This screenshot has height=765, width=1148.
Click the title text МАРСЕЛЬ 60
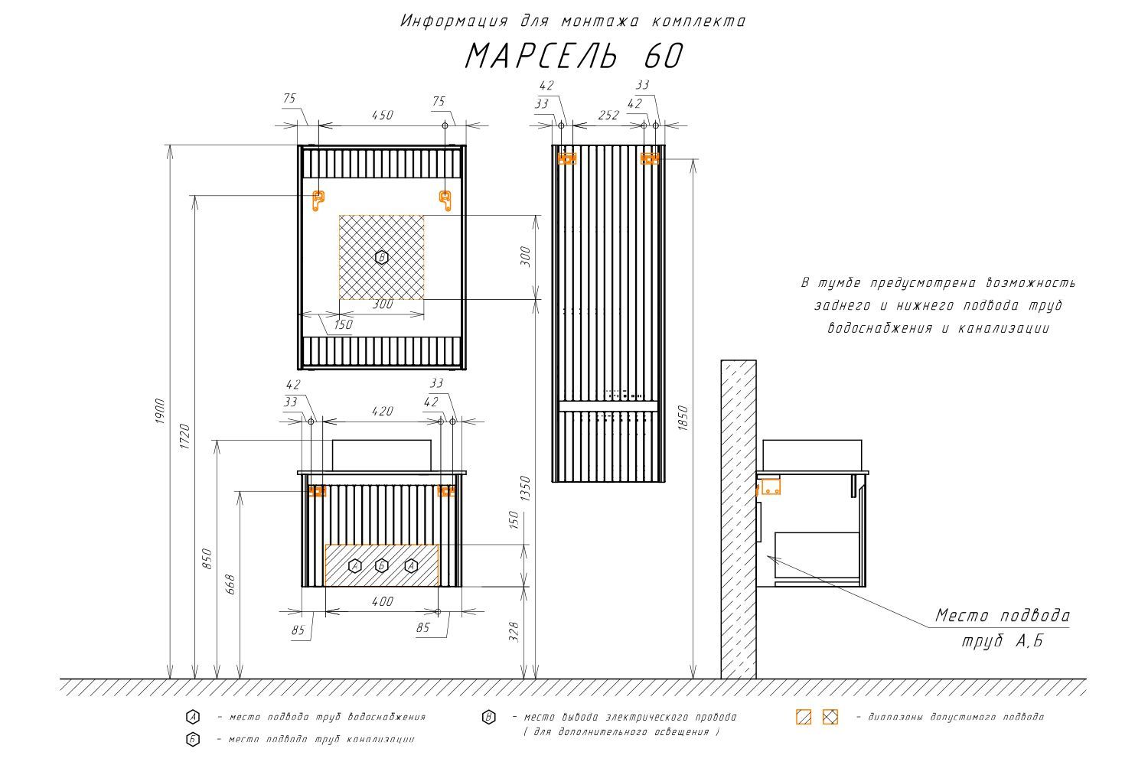(x=573, y=55)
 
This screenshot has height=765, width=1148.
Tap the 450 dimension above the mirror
(x=382, y=115)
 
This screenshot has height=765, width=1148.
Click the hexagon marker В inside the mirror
(x=381, y=257)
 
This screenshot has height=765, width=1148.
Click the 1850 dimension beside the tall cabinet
(x=684, y=418)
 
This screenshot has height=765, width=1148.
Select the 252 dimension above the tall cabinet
(x=608, y=115)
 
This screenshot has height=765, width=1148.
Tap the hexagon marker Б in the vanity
(x=382, y=566)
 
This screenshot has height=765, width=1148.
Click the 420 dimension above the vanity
(x=382, y=411)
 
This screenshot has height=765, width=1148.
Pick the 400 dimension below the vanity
(x=382, y=601)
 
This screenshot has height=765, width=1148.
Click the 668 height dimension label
(x=231, y=585)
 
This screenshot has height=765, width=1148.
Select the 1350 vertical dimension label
(x=525, y=490)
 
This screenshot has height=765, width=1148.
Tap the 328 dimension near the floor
(x=514, y=633)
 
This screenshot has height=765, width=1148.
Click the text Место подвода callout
(x=1003, y=616)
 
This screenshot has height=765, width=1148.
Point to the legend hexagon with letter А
(x=193, y=717)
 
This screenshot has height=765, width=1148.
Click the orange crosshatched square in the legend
(x=830, y=717)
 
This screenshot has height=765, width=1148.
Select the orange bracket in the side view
(x=770, y=486)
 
